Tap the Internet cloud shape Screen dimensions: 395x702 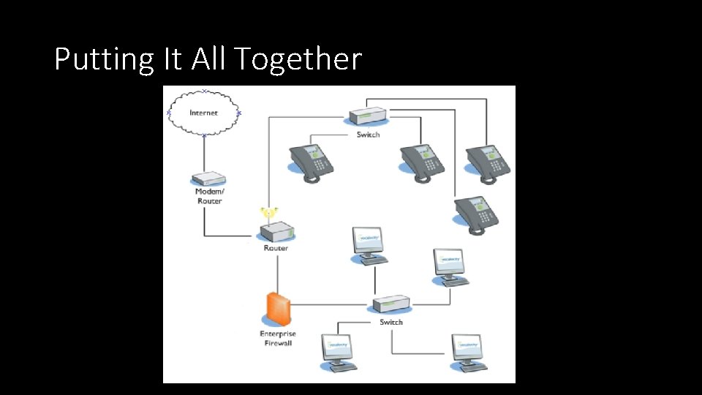point(203,113)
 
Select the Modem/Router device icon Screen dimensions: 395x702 point(208,179)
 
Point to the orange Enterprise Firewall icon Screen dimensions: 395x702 point(278,308)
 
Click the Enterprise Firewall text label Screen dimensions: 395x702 point(278,338)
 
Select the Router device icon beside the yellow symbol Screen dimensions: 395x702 point(276,233)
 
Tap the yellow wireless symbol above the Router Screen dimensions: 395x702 point(268,214)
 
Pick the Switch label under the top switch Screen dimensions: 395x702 point(368,135)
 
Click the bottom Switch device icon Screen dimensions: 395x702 point(390,304)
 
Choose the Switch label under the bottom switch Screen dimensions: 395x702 point(391,322)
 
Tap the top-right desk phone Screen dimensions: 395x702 point(488,163)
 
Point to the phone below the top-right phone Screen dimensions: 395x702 point(476,214)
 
